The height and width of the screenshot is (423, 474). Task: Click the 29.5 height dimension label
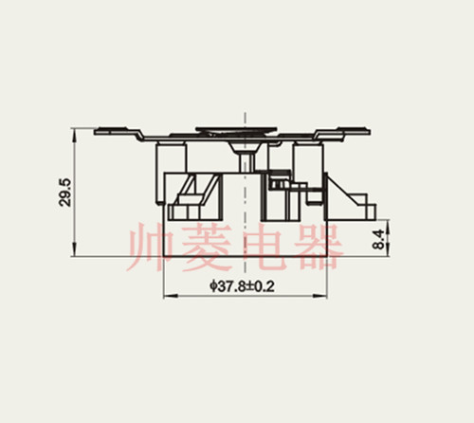tap(65, 193)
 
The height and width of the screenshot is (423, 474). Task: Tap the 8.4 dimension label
tap(379, 240)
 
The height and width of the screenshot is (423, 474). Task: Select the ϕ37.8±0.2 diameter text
tap(242, 286)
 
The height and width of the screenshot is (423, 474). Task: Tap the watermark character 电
tap(261, 247)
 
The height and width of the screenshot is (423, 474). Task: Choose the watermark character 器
tap(317, 247)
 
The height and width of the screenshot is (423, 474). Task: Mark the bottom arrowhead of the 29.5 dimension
tap(74, 249)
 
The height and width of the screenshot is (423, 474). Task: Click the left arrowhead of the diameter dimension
tap(170, 296)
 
